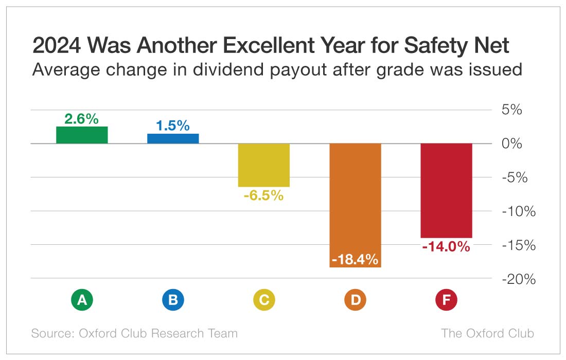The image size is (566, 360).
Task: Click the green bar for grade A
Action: pyautogui.click(x=82, y=135)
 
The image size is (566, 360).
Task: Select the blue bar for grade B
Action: pyautogui.click(x=173, y=138)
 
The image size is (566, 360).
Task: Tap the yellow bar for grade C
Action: pyautogui.click(x=264, y=165)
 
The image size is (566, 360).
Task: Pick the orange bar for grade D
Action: pyautogui.click(x=355, y=195)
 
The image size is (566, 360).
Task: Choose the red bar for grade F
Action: pyautogui.click(x=446, y=190)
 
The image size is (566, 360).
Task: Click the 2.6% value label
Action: pyautogui.click(x=82, y=119)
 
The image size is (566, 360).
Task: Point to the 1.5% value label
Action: pyautogui.click(x=173, y=125)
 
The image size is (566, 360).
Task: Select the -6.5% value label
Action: pyautogui.click(x=264, y=195)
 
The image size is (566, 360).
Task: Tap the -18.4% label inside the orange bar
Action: pyautogui.click(x=355, y=259)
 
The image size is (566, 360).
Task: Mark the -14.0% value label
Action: pyautogui.click(x=446, y=246)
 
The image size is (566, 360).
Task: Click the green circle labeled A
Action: pyautogui.click(x=82, y=300)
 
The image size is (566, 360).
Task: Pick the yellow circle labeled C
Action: pyautogui.click(x=264, y=300)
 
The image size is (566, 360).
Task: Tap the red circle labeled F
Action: pyautogui.click(x=446, y=300)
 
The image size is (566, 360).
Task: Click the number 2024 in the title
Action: pyautogui.click(x=57, y=46)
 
